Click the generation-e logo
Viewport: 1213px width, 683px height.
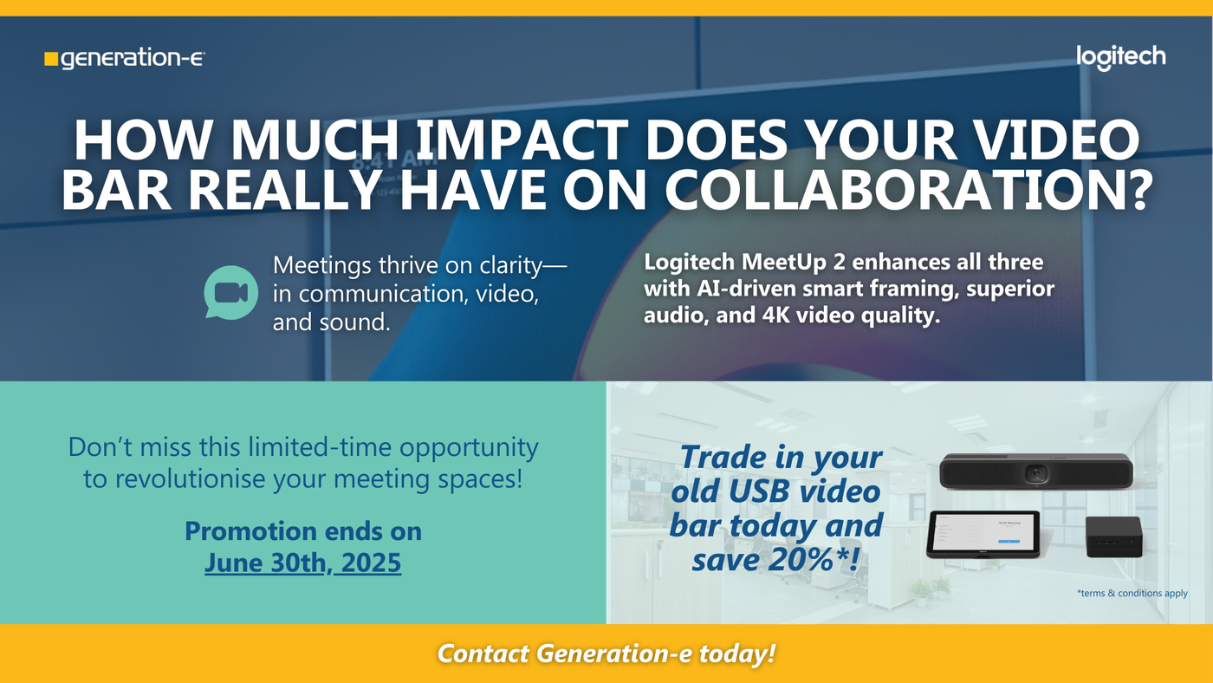(x=125, y=58)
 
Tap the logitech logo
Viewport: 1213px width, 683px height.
(x=1121, y=57)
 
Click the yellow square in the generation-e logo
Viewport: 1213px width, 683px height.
(x=51, y=59)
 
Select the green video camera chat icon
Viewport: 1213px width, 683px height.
(x=230, y=292)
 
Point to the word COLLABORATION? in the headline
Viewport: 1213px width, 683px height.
(x=908, y=189)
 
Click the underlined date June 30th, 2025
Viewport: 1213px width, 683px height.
(x=302, y=563)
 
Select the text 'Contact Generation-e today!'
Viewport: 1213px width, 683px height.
(x=606, y=654)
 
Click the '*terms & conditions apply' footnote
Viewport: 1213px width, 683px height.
(x=1132, y=593)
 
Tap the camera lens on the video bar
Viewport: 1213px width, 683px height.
(x=1036, y=473)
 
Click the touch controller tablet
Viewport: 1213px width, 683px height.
(x=983, y=535)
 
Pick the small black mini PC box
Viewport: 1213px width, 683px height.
(x=1114, y=537)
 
